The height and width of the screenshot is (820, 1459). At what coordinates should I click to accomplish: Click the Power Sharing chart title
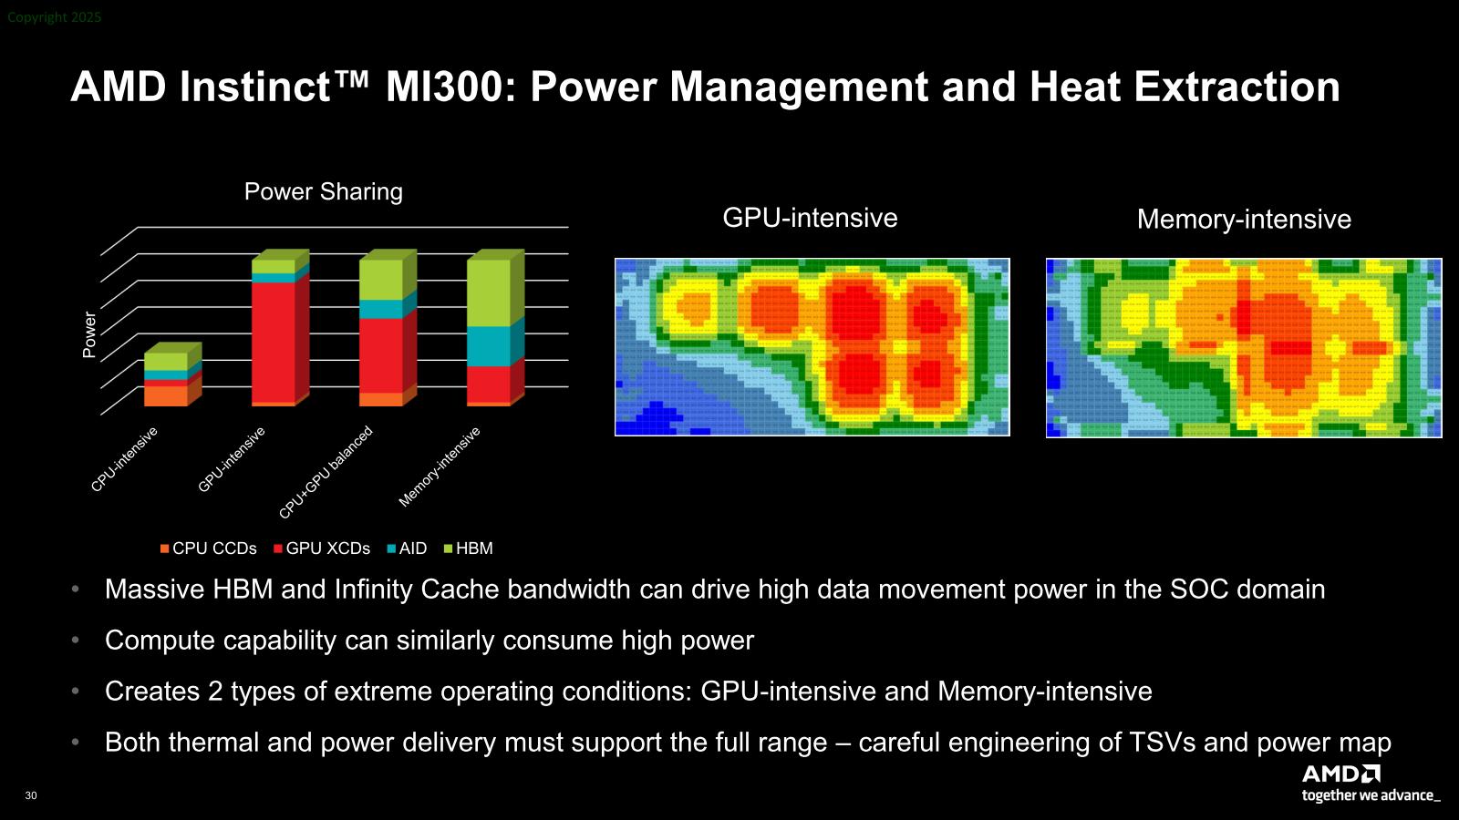coord(323,192)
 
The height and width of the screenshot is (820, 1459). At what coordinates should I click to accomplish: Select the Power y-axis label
coord(89,334)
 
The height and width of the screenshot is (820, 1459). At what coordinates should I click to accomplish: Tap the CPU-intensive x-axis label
coord(124,459)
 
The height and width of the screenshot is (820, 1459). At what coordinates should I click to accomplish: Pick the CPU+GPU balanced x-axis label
coord(326,473)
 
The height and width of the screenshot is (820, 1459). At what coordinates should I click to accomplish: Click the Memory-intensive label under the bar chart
coord(439,466)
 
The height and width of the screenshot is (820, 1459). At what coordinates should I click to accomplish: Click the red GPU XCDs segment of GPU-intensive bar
coord(274,343)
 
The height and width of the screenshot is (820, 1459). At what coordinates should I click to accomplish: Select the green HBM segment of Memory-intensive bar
coord(489,292)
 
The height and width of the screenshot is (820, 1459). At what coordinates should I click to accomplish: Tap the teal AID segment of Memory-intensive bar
coord(489,346)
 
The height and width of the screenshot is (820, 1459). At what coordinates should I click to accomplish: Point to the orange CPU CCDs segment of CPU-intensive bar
coord(165,396)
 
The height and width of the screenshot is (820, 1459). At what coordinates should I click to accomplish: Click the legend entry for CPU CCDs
coord(209,548)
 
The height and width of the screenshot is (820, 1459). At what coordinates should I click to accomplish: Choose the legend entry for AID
coord(407,548)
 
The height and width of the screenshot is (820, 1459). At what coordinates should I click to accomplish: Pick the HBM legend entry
coord(469,548)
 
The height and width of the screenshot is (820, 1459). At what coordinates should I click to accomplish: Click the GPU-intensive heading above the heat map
coord(811,218)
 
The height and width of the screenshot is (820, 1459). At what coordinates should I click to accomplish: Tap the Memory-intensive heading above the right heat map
coord(1244,220)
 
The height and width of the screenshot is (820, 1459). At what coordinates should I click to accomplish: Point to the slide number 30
coord(31,795)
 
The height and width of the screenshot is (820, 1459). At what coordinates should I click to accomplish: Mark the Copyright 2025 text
coord(54,17)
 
